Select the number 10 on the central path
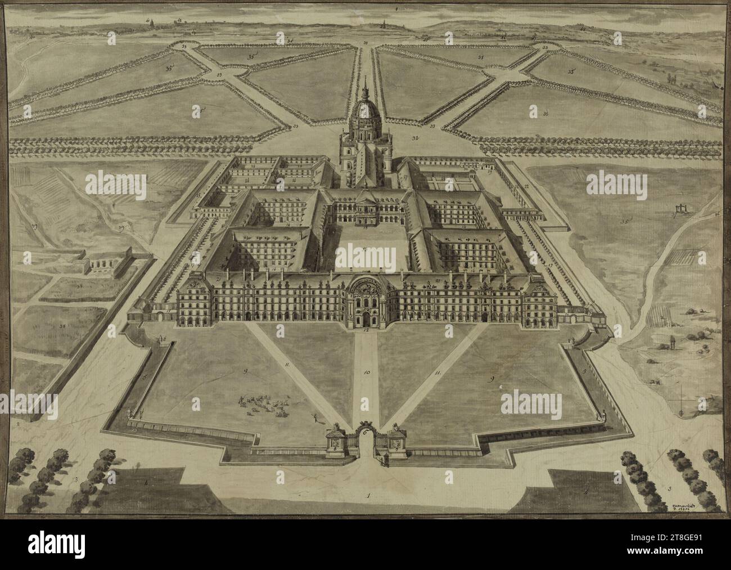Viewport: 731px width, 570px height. click(x=367, y=372)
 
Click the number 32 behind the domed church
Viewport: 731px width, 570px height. click(x=415, y=137)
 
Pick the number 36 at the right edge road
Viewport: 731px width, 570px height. click(x=717, y=214)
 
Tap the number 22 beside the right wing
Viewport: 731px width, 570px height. click(x=526, y=186)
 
